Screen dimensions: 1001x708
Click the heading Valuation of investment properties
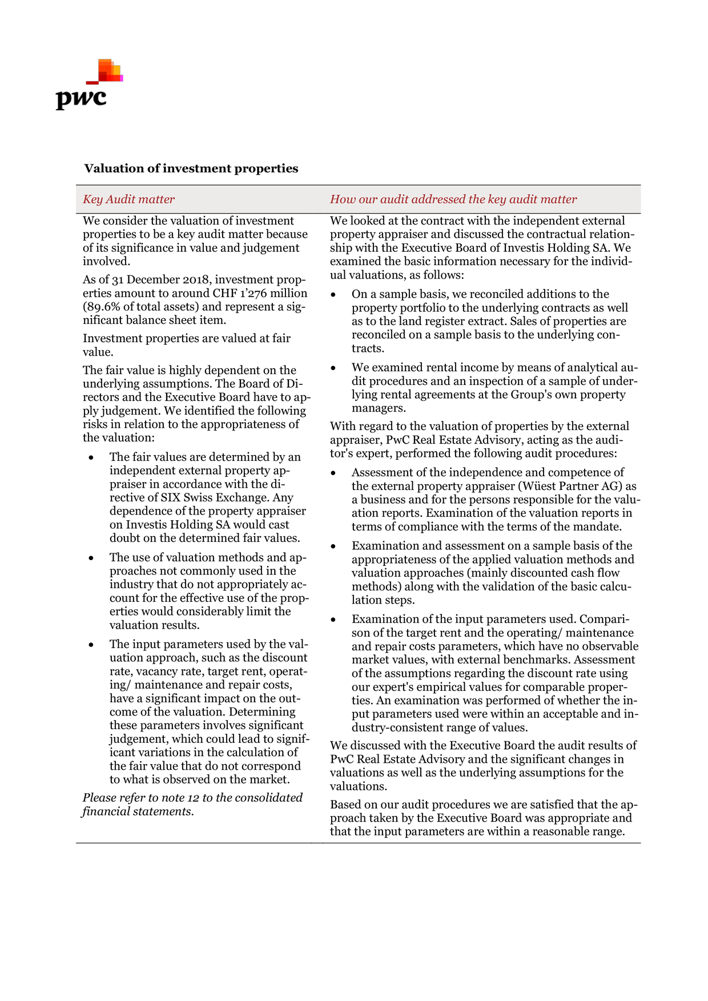tap(191, 168)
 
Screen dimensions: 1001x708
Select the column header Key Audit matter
tap(128, 199)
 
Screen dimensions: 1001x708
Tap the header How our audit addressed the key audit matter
tap(453, 199)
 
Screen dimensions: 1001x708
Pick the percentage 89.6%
tap(99, 307)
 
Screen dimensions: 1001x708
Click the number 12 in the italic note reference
tap(192, 798)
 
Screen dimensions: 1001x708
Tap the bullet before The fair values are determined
tap(91, 458)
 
